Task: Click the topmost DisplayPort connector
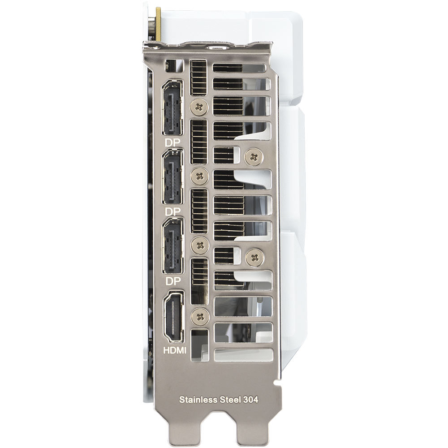click(172, 108)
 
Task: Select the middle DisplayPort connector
click(172, 177)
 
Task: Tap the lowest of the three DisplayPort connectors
click(172, 246)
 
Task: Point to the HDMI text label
click(175, 350)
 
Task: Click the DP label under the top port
click(172, 143)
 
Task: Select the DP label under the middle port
click(173, 212)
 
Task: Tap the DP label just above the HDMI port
click(173, 281)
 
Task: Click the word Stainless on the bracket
click(198, 399)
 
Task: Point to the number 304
click(251, 399)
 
